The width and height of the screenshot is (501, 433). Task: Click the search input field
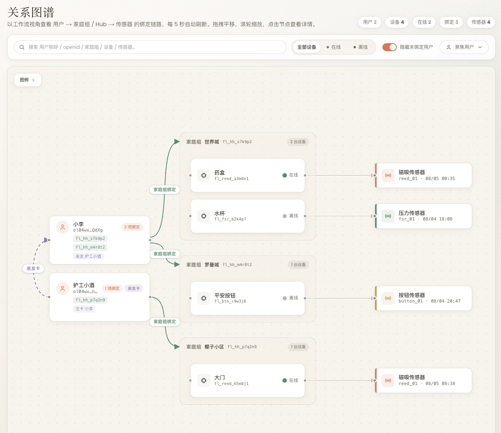click(x=150, y=47)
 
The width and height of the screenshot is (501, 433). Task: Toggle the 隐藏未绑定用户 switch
click(x=389, y=47)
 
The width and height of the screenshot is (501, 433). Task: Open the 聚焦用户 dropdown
click(x=464, y=47)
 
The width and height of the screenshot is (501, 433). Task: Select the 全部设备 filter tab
click(x=306, y=47)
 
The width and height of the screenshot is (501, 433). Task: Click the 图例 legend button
click(x=27, y=80)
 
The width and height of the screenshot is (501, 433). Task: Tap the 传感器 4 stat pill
click(x=480, y=22)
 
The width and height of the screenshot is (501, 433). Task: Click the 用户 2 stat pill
click(x=369, y=22)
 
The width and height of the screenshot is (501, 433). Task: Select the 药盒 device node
click(x=247, y=175)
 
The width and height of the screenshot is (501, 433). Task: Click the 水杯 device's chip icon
click(x=204, y=216)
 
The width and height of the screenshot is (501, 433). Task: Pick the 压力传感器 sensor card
click(x=423, y=216)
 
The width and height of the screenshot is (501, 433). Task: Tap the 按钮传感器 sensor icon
click(x=388, y=298)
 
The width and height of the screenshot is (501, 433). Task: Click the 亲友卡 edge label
click(x=33, y=268)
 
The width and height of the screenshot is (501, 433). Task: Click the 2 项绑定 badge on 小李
click(x=132, y=227)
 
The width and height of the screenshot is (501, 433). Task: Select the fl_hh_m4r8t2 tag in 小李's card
click(x=90, y=247)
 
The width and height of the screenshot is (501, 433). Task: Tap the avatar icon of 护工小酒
click(x=63, y=289)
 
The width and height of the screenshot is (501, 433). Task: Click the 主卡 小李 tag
click(x=84, y=308)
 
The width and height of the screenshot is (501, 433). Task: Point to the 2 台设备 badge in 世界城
click(x=298, y=142)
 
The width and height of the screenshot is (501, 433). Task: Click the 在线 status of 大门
click(x=290, y=380)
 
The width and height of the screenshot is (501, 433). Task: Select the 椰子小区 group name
click(x=214, y=347)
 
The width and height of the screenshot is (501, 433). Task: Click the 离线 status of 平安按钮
click(x=290, y=298)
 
